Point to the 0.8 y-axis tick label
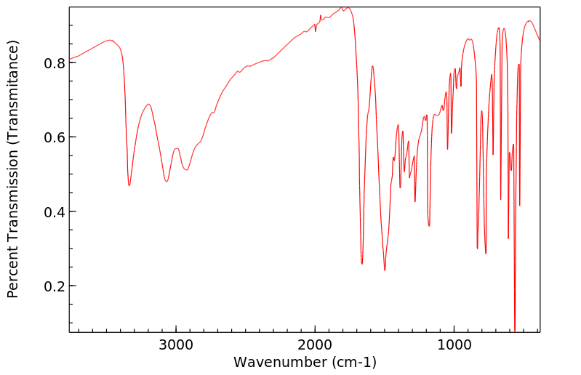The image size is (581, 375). click(x=55, y=63)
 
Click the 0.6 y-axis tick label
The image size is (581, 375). click(x=55, y=137)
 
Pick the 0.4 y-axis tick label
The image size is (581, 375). click(x=55, y=212)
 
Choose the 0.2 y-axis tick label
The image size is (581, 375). click(x=55, y=286)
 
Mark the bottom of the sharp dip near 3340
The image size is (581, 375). click(x=129, y=185)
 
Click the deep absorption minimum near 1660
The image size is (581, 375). click(x=362, y=264)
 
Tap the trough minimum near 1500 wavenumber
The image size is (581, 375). click(x=385, y=270)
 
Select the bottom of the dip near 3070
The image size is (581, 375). click(x=167, y=181)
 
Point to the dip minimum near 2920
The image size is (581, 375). click(x=187, y=170)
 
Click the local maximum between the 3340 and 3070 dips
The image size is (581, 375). click(x=148, y=104)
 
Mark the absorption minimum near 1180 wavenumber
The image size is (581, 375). click(x=429, y=226)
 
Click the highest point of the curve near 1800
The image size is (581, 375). click(x=348, y=7)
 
